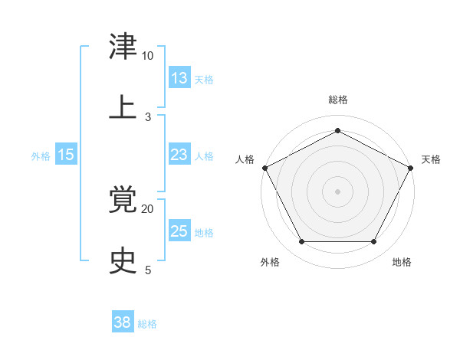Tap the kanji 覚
click(x=123, y=200)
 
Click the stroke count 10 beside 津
click(x=147, y=56)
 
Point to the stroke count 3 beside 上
click(x=148, y=116)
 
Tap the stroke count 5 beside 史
click(x=148, y=270)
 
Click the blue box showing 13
click(x=179, y=77)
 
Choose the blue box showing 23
click(x=179, y=155)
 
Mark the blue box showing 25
click(x=179, y=231)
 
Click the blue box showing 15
click(x=66, y=155)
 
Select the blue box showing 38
click(x=122, y=322)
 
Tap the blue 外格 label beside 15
click(x=41, y=155)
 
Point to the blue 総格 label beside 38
click(x=147, y=324)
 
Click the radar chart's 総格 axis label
click(x=337, y=100)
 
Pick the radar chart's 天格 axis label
click(x=431, y=159)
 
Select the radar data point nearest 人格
click(x=264, y=167)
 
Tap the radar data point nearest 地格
click(x=373, y=242)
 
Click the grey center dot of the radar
click(x=337, y=191)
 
